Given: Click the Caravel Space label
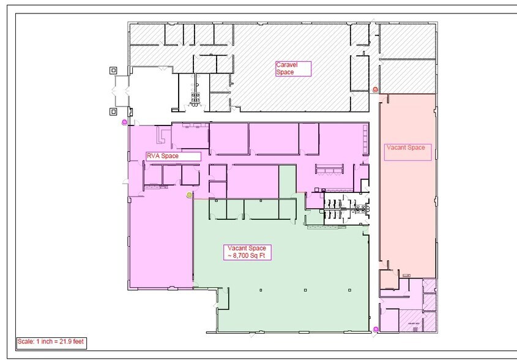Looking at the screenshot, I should point(292,69).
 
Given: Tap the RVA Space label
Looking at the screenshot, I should point(173,157).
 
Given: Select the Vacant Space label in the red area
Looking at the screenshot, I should point(407,151).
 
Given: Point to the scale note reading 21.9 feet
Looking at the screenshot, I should point(50,342).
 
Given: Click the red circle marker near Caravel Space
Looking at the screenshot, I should point(376,89).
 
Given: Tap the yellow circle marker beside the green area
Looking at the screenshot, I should point(189,195).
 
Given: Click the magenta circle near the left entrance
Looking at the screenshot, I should point(125,122).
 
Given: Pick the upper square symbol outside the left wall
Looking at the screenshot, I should point(113,70).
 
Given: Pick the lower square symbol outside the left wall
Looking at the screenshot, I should point(113,111).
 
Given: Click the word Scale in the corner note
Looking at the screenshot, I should point(25,342).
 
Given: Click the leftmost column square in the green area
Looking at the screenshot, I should point(261,289).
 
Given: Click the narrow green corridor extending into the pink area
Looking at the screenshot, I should point(288,181).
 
